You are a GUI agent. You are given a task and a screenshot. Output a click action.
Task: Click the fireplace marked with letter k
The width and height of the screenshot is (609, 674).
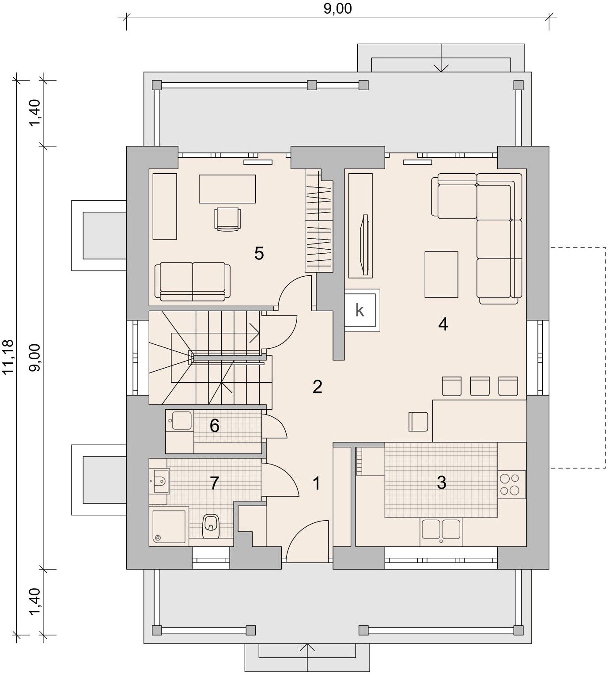[x=362, y=310]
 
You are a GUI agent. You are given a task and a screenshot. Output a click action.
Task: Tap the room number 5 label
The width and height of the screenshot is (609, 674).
[x=259, y=253]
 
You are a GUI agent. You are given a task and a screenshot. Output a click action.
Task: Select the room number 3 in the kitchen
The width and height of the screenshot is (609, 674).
[x=442, y=483]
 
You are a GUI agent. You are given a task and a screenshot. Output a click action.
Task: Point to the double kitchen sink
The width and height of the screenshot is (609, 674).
[x=441, y=532]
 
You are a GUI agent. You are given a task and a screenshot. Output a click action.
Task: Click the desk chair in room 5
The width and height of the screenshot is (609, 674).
[x=227, y=219]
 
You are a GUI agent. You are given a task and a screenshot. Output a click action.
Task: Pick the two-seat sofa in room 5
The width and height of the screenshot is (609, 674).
[x=193, y=282]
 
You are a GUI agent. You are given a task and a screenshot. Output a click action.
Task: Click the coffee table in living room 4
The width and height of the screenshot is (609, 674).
[x=441, y=274]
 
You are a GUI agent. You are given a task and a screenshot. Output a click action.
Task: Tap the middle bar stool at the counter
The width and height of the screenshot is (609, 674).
[x=480, y=386]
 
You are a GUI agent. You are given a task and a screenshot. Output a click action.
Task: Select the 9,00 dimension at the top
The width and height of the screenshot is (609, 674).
[x=338, y=9]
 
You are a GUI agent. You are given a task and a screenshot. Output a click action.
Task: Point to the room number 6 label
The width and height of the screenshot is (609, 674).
[x=215, y=426]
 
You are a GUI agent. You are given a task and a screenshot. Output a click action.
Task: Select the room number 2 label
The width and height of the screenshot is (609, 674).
[x=317, y=387]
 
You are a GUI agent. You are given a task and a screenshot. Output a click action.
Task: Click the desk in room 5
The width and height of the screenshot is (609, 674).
[x=227, y=189]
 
